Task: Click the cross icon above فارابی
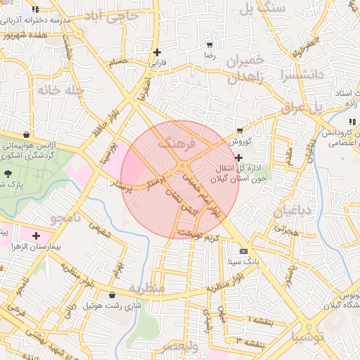pos(157,52)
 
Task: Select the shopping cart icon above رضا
pos(210,44)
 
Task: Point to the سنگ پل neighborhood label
pos(262,8)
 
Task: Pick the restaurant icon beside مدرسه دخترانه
pos(35,11)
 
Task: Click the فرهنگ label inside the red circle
pos(174,141)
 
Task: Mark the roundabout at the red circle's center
pos(183,167)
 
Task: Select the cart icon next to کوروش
pos(240,131)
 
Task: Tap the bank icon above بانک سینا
pos(243,251)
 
